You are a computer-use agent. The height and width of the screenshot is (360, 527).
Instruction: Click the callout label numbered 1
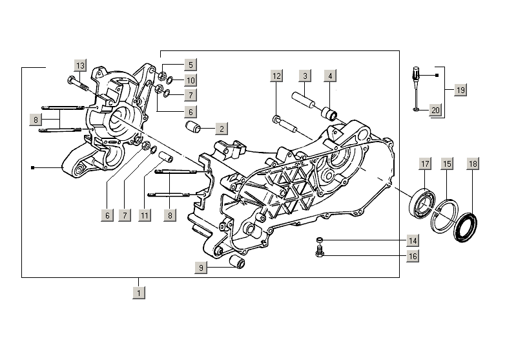[x=138, y=293]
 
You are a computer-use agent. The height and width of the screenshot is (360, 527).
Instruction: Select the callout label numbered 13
[x=79, y=66]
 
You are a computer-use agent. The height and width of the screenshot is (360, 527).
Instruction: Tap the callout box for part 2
[x=221, y=128]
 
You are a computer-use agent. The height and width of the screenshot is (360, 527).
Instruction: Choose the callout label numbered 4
[x=329, y=76]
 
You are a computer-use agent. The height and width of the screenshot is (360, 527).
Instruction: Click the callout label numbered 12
[x=276, y=76]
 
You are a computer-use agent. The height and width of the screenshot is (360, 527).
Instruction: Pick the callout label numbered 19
[x=460, y=90]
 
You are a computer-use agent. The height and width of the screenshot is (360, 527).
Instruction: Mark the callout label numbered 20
[x=435, y=111]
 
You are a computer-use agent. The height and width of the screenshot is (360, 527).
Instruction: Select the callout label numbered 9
[x=201, y=267]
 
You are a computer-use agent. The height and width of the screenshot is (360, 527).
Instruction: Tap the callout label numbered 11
[x=145, y=215]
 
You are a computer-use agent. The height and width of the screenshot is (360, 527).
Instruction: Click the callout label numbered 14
[x=412, y=240]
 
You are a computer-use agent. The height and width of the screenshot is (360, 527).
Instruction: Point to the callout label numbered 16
[x=412, y=256]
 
